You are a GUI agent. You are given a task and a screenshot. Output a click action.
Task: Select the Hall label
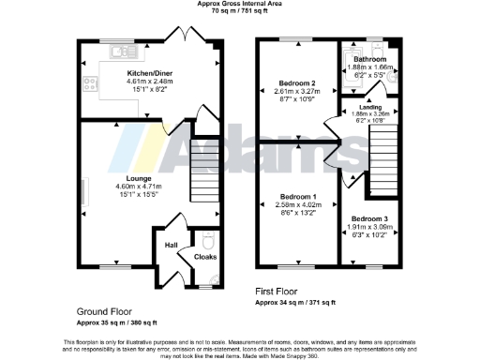click(171, 246)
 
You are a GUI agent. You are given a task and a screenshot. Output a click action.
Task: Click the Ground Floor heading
click(104, 309)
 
